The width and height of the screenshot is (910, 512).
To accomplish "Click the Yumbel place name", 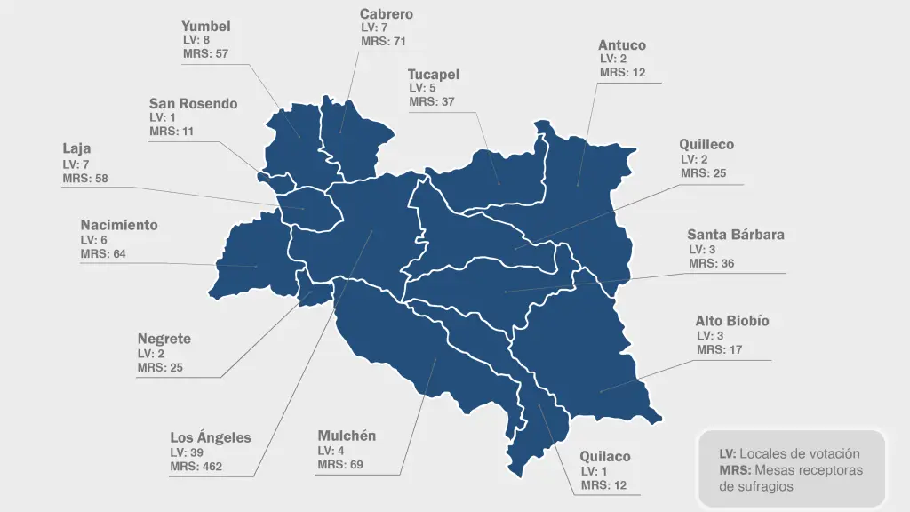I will tap(205, 27).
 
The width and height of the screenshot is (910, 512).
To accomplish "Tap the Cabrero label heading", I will tap(386, 14).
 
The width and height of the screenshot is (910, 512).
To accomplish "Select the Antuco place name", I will tap(621, 45).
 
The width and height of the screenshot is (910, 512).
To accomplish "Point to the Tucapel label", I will tap(433, 75).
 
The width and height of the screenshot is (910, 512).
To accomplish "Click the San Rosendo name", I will tap(193, 104).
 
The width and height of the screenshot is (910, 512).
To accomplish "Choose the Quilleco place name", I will tap(706, 144).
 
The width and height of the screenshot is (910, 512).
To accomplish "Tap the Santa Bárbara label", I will tap(735, 235).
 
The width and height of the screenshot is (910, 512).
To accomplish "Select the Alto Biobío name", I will tap(731, 321).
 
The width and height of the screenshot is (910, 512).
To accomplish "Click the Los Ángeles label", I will tap(211, 437).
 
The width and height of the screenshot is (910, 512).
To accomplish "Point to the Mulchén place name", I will tap(347, 436).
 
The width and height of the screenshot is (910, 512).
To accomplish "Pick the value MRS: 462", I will tap(196, 467).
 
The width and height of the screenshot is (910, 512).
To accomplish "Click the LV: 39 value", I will tap(188, 452).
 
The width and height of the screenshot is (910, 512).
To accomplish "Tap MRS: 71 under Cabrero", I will tap(383, 42).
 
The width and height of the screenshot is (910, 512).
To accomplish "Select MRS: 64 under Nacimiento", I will tap(103, 254).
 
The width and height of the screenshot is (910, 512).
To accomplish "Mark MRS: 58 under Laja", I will tap(85, 179).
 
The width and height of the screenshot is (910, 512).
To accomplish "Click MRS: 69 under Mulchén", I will tap(340, 465).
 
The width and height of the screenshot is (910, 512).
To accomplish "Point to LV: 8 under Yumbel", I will tap(196, 40).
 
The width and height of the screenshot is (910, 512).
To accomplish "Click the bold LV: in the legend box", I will tap(728, 454).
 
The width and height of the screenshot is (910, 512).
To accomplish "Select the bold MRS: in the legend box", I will tap(735, 470).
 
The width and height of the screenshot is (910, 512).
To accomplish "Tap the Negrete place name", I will tap(164, 339).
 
